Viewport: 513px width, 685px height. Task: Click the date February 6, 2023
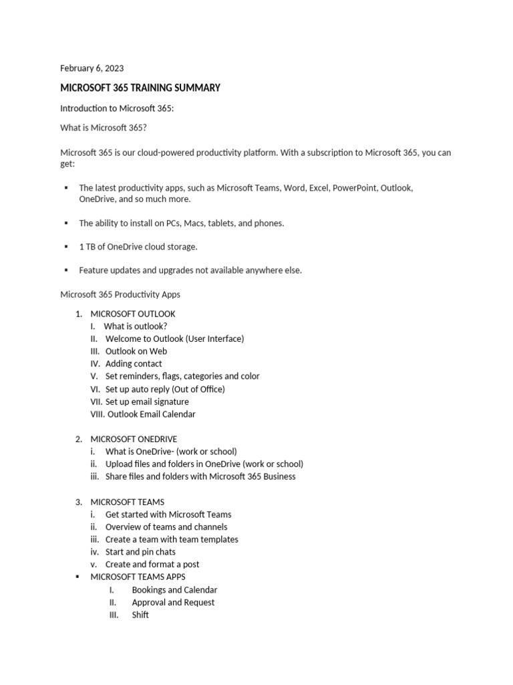(92, 68)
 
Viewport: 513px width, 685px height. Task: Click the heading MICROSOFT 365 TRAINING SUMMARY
(140, 88)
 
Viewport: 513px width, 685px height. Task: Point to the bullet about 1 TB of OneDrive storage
(138, 247)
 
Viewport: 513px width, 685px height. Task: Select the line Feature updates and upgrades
(190, 270)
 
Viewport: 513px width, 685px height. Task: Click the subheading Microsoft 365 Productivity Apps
(120, 294)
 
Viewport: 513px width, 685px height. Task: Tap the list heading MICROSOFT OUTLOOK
(133, 314)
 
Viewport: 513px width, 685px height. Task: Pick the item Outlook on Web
(136, 351)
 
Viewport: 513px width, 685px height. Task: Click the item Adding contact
(134, 364)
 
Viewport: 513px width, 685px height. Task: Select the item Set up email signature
(147, 401)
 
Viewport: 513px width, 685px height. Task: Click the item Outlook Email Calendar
(152, 414)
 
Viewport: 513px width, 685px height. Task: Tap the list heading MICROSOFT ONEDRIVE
(134, 439)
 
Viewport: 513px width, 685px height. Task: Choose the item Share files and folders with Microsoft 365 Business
(200, 476)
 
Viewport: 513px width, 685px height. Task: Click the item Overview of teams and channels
(166, 527)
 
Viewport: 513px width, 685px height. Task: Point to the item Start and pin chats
(140, 552)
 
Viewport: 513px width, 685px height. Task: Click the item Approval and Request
(173, 602)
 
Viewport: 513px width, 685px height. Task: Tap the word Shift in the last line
(140, 615)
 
